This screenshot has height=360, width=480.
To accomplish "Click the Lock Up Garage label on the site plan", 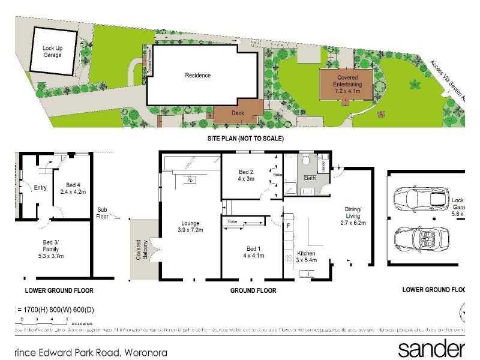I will point(52,51).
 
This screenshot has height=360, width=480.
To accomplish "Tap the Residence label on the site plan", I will point(197,75).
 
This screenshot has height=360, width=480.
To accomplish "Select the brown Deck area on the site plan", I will point(238,112).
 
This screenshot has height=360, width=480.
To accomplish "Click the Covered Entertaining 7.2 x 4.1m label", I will point(347,85).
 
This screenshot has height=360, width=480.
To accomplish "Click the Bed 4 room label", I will point(70,187).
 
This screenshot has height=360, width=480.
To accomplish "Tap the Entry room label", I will point(40,188).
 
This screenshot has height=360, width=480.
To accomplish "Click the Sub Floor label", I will point(103,213).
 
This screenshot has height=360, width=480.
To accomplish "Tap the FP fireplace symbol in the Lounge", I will point(190,180).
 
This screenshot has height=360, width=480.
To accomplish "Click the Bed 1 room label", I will point(253,253).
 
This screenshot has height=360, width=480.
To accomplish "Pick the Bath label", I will point(310,178).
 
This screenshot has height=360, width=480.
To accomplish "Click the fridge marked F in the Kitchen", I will point(289,226).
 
